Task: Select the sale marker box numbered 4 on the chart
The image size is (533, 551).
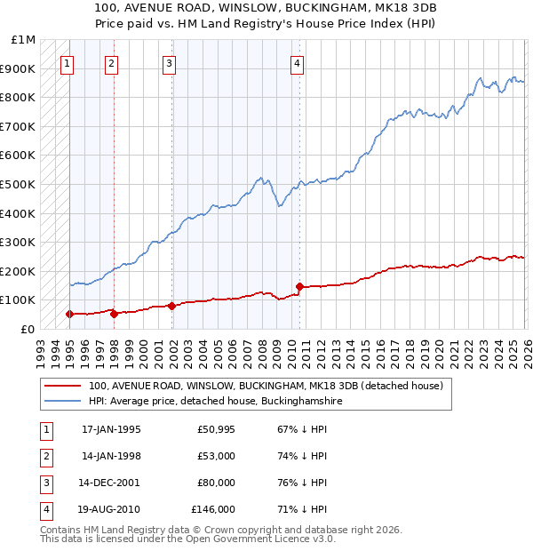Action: [x=297, y=63]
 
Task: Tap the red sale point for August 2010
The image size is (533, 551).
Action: [x=299, y=286]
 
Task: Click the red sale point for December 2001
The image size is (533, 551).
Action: [x=171, y=306]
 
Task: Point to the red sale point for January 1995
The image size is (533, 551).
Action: [x=69, y=314]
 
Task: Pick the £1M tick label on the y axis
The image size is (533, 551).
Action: [x=24, y=40]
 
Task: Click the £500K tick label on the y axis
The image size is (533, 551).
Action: [x=19, y=185]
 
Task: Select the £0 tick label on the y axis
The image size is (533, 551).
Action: [x=28, y=329]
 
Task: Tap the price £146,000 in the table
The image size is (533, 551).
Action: [x=212, y=510]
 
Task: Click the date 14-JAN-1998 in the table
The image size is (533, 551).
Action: [x=111, y=456]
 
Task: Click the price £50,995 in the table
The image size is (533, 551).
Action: [x=216, y=429]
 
